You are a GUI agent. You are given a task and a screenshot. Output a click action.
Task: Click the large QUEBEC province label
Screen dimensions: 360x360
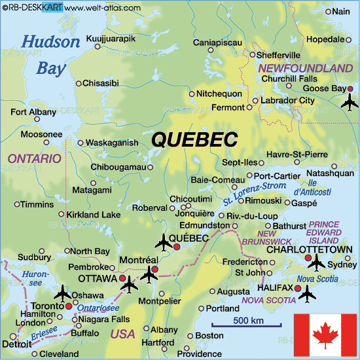click(x=194, y=139)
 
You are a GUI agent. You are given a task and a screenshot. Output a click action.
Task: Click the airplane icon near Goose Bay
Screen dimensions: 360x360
click(x=351, y=101)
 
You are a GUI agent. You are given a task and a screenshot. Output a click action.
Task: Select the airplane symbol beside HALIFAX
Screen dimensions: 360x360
click(x=306, y=294)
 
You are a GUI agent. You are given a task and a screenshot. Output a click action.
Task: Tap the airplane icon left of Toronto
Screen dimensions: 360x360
click(x=63, y=291)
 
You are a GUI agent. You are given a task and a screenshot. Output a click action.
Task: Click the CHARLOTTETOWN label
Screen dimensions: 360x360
click(x=310, y=249)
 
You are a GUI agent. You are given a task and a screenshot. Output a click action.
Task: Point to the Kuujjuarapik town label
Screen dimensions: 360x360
click(x=111, y=39)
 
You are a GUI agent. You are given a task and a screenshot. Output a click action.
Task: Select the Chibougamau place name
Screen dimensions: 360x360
click(x=117, y=167)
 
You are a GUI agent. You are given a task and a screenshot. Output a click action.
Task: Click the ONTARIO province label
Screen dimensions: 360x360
click(x=34, y=158)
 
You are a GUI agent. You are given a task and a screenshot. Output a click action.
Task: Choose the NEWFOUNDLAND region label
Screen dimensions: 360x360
click(x=306, y=68)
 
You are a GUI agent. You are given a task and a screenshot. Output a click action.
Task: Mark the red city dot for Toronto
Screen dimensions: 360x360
click(x=69, y=306)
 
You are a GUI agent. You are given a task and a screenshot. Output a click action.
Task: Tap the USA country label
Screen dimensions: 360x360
click(x=122, y=334)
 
